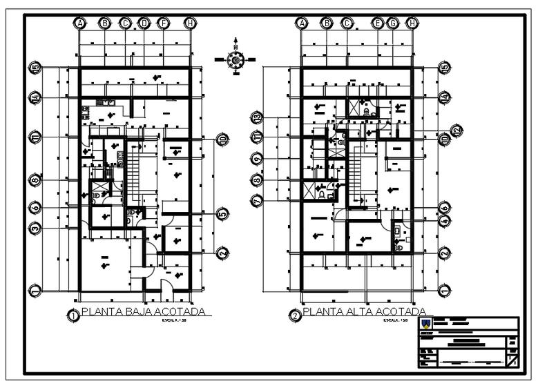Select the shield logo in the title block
coord(426,324)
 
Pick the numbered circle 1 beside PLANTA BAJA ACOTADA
coord(73,316)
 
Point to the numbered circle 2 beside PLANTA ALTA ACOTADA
coord(295,316)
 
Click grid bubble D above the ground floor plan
coord(144,23)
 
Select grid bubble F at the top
coord(164,23)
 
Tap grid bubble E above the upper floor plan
coord(378,23)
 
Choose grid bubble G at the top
coord(393,23)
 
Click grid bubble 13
coord(257,117)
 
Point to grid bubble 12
coord(456,130)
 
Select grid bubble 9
coord(257,158)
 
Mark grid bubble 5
coord(222,213)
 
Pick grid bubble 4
coord(445,220)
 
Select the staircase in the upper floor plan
coord(357,170)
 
